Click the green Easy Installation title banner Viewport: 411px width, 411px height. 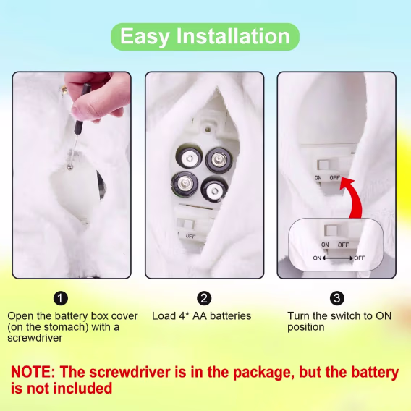[205, 37]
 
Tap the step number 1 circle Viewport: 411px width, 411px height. [61, 298]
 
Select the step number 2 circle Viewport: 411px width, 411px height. [204, 298]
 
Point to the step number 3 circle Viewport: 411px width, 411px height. [337, 298]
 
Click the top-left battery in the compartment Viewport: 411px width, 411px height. [190, 157]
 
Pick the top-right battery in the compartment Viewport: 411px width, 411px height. [219, 160]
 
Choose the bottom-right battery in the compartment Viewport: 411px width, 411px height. [214, 190]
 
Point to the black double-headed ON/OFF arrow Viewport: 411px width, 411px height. [338, 258]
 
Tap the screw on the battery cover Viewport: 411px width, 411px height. [69, 166]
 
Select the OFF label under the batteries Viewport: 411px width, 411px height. [190, 236]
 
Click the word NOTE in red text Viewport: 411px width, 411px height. [33, 372]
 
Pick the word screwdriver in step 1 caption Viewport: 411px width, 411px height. [35, 338]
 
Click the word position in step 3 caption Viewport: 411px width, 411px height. [306, 327]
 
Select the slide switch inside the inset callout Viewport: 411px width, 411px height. [331, 230]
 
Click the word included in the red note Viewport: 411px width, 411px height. [83, 388]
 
